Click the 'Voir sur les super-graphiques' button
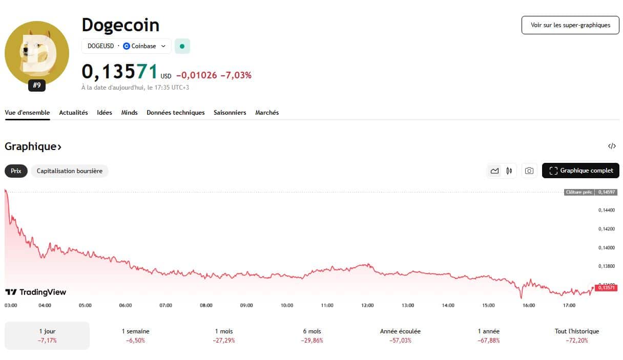[x=570, y=25]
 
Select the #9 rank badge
[x=37, y=86]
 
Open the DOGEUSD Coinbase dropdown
[x=127, y=46]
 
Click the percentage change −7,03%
[x=236, y=75]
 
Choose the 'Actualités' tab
[x=73, y=113]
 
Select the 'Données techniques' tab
[x=175, y=113]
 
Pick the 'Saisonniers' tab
[x=230, y=113]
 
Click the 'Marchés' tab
[x=267, y=113]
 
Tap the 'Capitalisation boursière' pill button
[x=70, y=171]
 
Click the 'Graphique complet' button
[x=580, y=171]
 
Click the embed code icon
[x=612, y=146]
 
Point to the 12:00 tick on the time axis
[x=367, y=305]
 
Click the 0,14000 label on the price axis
[x=607, y=248]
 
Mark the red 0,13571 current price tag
[x=606, y=288]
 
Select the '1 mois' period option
[x=223, y=335]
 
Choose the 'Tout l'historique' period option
[x=576, y=335]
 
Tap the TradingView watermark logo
[x=36, y=292]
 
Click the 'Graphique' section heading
[x=33, y=146]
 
